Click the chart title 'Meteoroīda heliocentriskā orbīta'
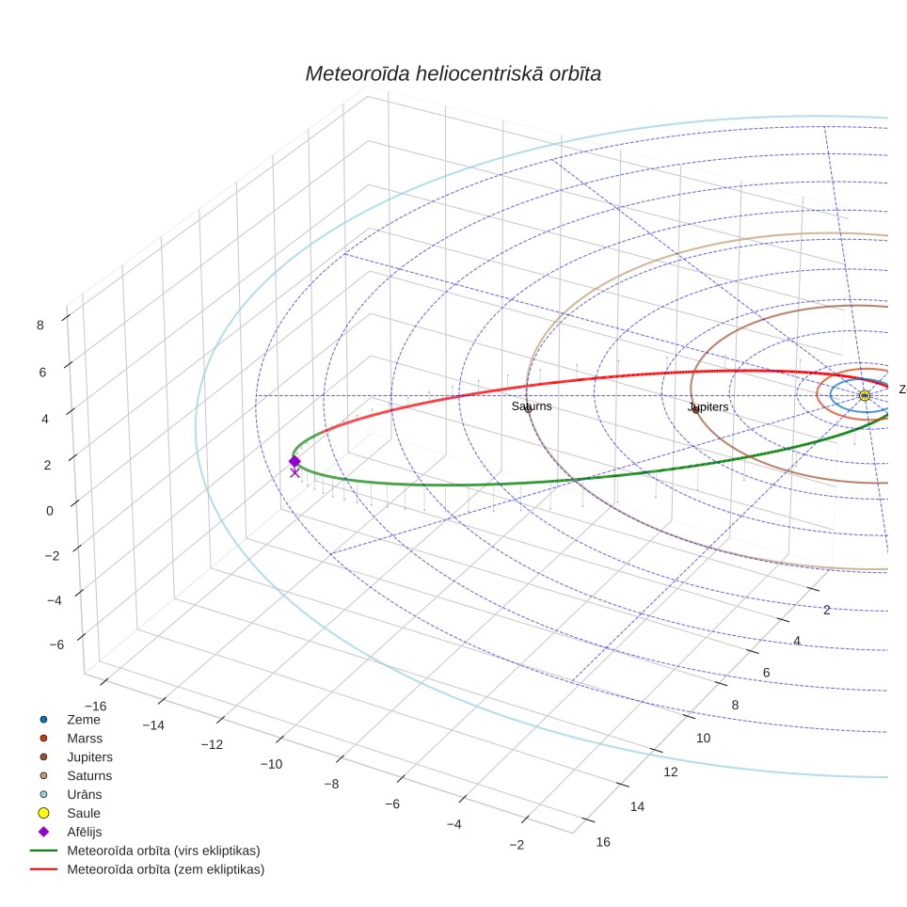(x=453, y=73)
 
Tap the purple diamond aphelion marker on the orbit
(x=294, y=461)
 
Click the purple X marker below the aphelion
(x=295, y=473)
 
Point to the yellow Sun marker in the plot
(x=865, y=396)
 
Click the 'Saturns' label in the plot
(x=532, y=406)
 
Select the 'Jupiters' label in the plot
(x=708, y=406)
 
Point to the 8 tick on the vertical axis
(x=40, y=326)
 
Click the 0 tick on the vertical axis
(x=50, y=511)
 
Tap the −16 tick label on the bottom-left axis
(x=95, y=707)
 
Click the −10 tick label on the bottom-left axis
(x=271, y=764)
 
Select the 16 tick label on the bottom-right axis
(x=603, y=842)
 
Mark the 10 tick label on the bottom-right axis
(x=704, y=738)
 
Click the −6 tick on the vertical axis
(x=56, y=644)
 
